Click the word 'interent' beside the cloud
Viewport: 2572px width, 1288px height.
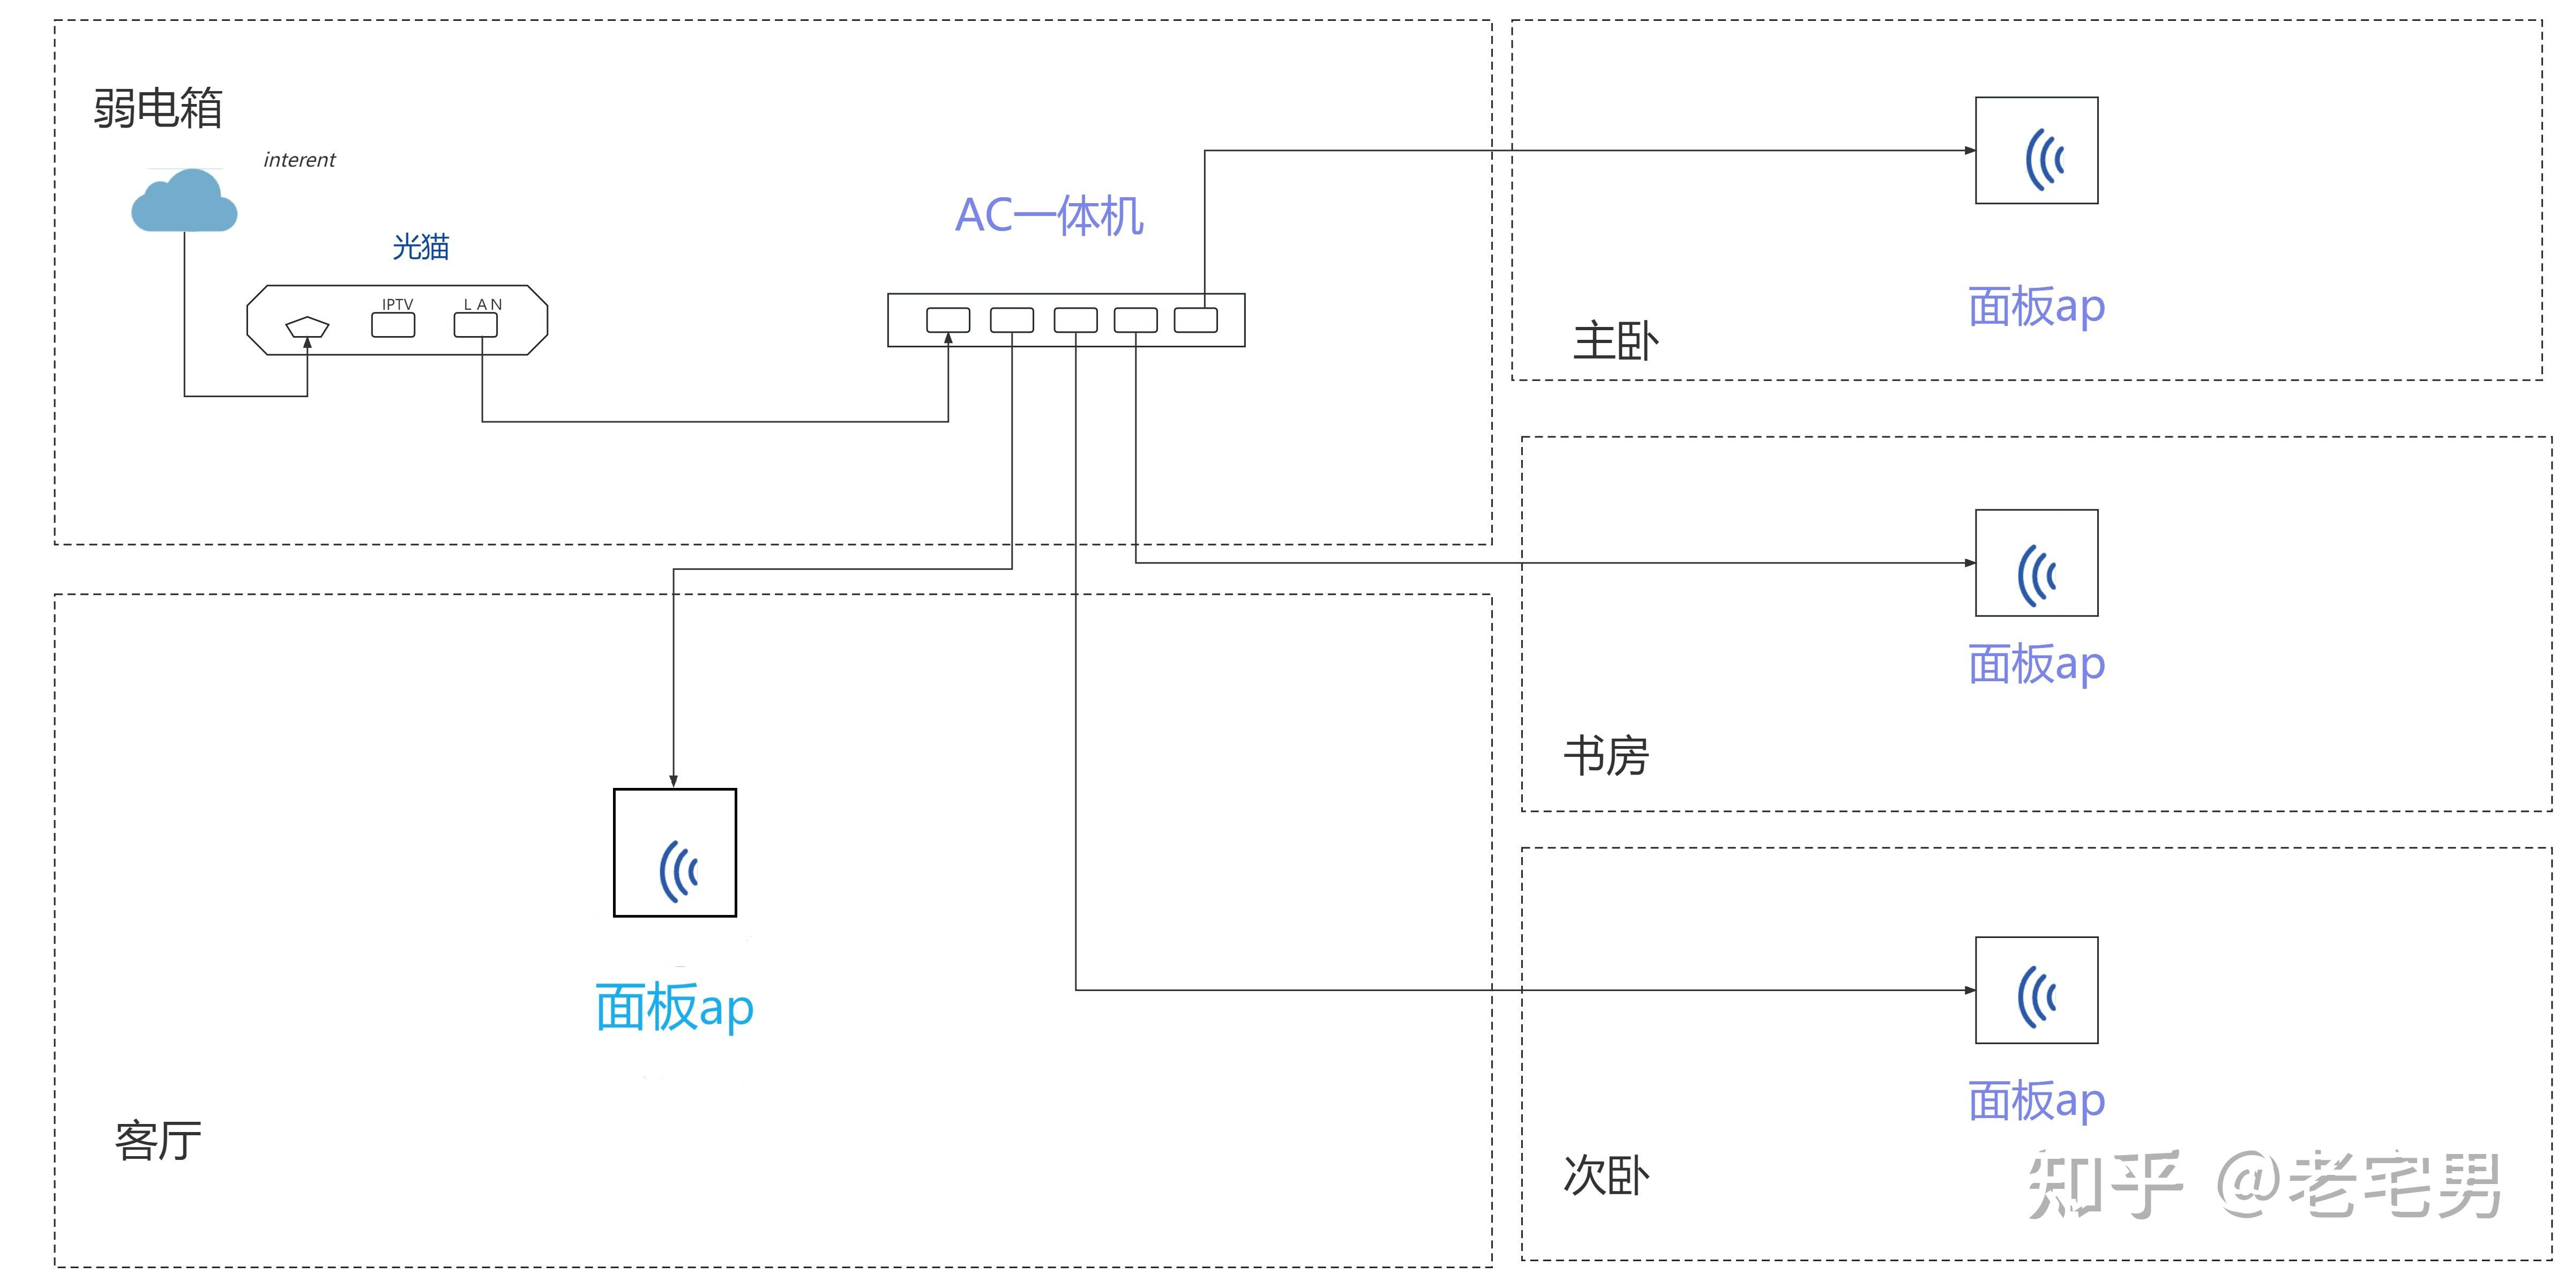pyautogui.click(x=300, y=160)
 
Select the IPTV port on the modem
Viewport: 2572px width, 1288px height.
pyautogui.click(x=393, y=324)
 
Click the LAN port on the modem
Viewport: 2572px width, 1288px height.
pyautogui.click(x=475, y=324)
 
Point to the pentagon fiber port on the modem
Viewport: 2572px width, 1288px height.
pyautogui.click(x=308, y=326)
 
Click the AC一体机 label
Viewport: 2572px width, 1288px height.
pyautogui.click(x=1049, y=214)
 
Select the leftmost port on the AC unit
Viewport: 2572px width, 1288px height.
pyautogui.click(x=948, y=319)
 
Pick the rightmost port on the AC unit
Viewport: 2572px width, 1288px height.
pyautogui.click(x=1196, y=319)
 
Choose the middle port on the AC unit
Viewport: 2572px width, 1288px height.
pyautogui.click(x=1075, y=319)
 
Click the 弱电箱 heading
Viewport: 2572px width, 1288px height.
pyautogui.click(x=158, y=108)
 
